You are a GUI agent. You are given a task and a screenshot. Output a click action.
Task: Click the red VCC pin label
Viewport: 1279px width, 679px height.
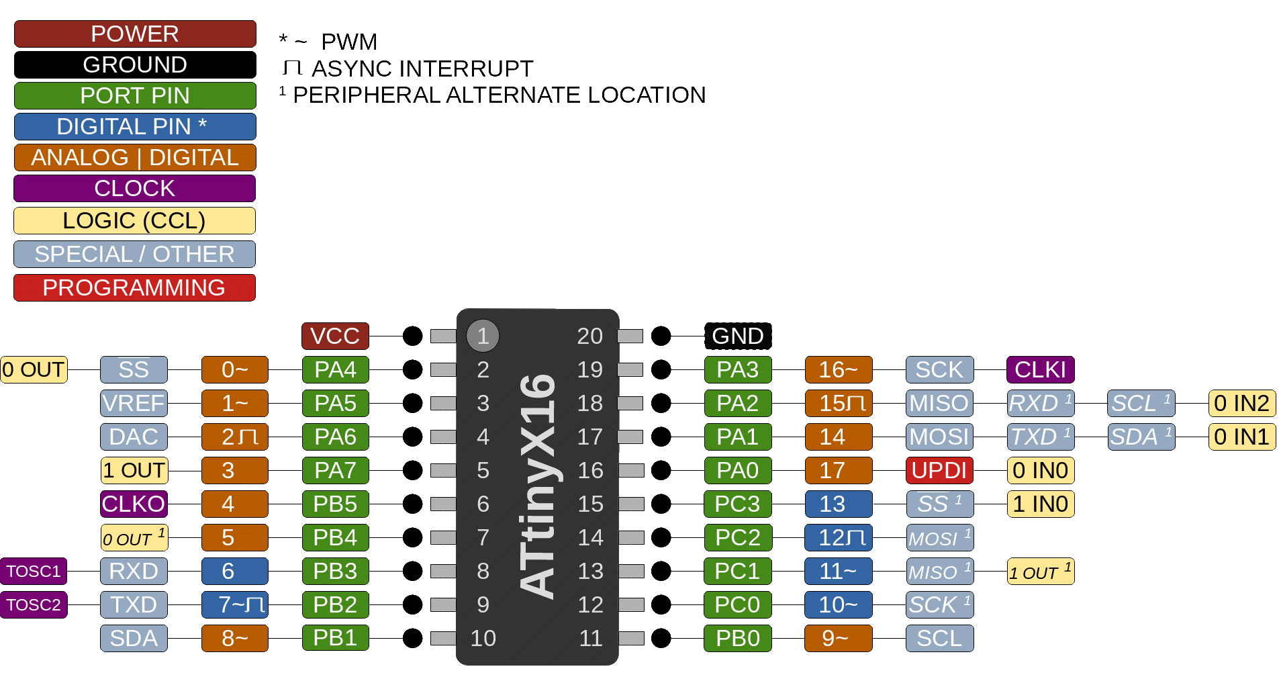(x=335, y=336)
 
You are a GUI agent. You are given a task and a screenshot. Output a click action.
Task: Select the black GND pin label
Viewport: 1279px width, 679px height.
(x=737, y=336)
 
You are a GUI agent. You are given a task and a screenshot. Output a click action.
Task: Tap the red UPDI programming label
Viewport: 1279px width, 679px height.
(x=939, y=470)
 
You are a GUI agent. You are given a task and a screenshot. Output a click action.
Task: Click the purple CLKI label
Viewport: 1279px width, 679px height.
(x=1040, y=369)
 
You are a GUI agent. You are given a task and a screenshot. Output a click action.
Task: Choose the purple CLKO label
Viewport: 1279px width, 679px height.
(x=134, y=504)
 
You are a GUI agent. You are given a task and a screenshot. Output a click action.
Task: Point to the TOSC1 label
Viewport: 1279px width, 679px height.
(x=34, y=571)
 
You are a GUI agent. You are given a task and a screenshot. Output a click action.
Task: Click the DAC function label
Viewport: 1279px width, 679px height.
(x=134, y=437)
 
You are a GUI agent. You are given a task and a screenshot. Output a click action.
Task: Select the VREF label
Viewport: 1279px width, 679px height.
(x=134, y=403)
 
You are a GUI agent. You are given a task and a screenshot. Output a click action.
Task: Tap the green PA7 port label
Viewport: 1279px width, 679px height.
(x=335, y=470)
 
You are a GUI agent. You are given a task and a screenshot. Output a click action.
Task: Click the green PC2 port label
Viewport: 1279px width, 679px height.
(x=737, y=537)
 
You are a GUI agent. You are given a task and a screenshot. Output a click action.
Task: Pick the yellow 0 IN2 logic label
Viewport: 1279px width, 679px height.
(x=1241, y=403)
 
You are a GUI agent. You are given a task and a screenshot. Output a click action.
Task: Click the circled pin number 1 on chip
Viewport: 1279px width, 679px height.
(x=483, y=336)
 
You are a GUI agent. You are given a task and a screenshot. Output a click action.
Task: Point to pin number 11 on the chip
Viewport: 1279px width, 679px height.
(x=590, y=638)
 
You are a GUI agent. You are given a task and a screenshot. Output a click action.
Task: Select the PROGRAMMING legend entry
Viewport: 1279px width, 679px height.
(x=134, y=287)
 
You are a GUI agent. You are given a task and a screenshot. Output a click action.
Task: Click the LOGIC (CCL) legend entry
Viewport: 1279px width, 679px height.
(x=134, y=220)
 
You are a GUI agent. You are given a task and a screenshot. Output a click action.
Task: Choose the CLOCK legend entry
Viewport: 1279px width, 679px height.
(x=134, y=188)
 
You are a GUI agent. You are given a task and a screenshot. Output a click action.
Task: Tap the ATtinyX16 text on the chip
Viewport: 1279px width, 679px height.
(x=538, y=487)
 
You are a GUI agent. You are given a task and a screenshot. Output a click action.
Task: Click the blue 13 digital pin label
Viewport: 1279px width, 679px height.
(x=838, y=504)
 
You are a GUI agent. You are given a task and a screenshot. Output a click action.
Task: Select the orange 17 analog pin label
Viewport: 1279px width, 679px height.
(x=838, y=470)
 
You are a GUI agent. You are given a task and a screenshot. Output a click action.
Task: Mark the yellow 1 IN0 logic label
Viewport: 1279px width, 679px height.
(x=1040, y=504)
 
